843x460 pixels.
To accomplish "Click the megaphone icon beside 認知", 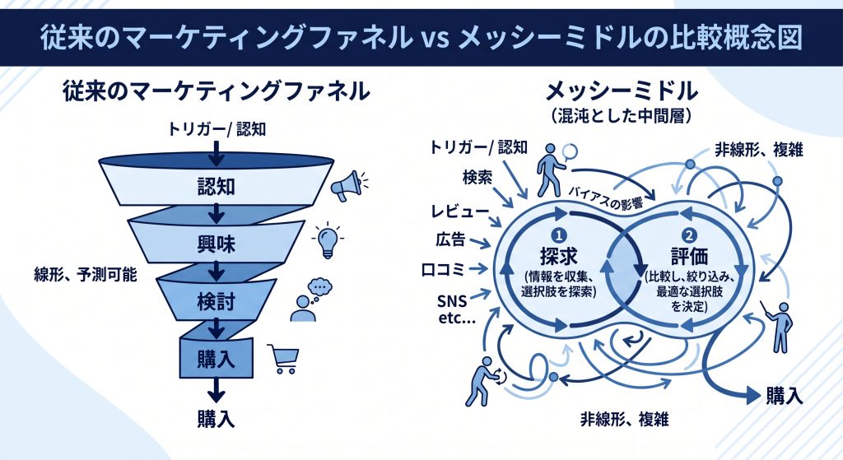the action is [348, 185].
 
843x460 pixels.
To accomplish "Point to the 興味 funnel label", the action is [217, 244].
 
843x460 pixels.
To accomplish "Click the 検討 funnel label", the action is [217, 301].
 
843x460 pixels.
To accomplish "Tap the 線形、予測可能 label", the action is [86, 276].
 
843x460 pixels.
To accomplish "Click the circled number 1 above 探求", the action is [559, 235].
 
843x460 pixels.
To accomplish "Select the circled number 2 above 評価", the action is [689, 235].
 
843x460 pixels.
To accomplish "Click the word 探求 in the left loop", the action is [559, 256].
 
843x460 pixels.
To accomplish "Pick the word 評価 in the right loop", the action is [689, 256].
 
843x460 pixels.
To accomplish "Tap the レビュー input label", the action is [460, 211].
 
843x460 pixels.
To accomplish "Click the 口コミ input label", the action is [443, 269].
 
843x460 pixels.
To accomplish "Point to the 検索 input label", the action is [477, 177].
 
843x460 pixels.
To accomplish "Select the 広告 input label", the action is [450, 239].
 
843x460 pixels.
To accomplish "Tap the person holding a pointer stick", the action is [779, 326].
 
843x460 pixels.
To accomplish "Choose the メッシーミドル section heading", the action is [622, 92].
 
